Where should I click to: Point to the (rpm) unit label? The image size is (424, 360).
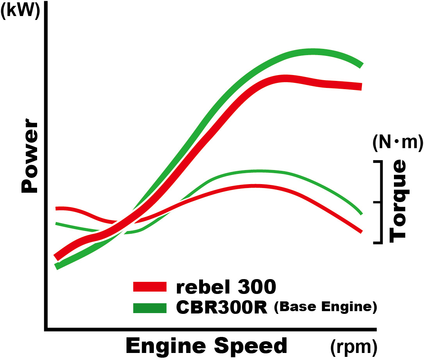(x=353, y=346)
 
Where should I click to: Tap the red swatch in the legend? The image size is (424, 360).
(x=150, y=287)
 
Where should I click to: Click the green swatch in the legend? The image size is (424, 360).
(x=150, y=308)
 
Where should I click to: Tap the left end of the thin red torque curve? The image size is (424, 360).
(x=57, y=208)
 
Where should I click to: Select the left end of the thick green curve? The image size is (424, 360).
(x=57, y=267)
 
